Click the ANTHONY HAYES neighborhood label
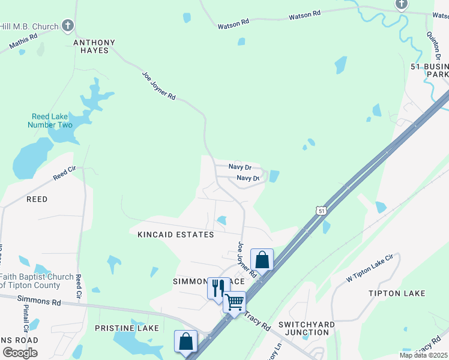tap(94, 46)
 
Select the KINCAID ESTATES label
tap(175, 235)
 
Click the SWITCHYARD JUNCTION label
tap(306, 328)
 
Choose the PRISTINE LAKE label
tap(127, 328)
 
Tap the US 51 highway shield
tap(322, 211)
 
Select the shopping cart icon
tap(234, 301)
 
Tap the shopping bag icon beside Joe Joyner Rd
tap(262, 259)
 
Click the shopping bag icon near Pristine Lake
tap(186, 340)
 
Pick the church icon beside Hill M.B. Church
tap(68, 26)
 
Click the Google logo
tap(20, 353)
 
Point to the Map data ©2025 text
tap(423, 355)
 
